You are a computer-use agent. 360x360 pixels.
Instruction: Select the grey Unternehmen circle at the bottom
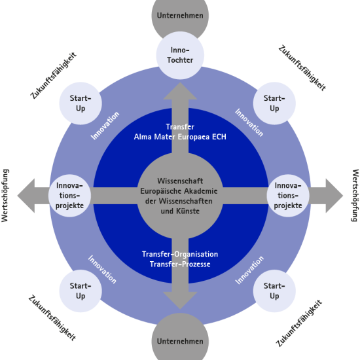[x=180, y=341]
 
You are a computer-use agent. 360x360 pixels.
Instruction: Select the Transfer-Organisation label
[x=180, y=254]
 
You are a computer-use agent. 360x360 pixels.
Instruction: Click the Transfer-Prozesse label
[x=180, y=264]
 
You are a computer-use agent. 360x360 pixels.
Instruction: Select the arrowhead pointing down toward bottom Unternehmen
[x=180, y=300]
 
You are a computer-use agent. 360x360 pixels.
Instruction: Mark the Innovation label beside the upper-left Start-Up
[x=105, y=125]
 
